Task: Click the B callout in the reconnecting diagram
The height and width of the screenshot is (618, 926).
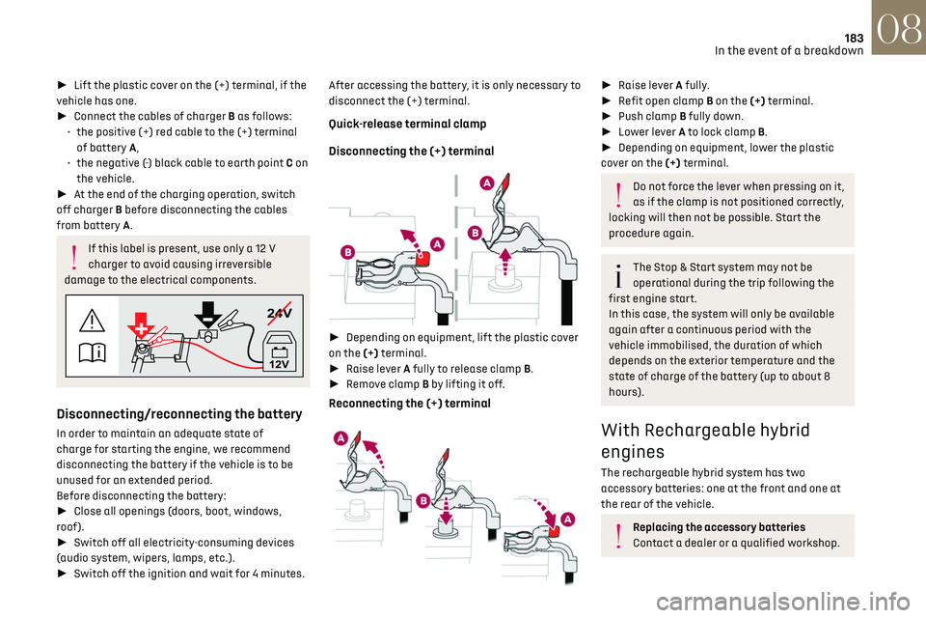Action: (422, 501)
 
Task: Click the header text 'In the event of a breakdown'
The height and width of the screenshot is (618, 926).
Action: (788, 51)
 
